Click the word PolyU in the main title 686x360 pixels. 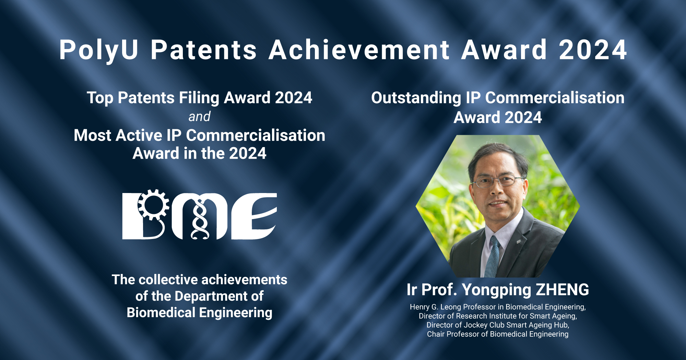click(99, 50)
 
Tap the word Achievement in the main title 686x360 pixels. click(359, 50)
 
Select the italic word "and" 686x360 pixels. click(199, 117)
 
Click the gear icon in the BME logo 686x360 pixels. click(153, 205)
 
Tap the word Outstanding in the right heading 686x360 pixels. click(416, 98)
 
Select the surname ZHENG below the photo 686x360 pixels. click(562, 290)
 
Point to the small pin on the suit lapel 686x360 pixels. click(519, 242)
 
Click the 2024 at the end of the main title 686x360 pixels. click(593, 50)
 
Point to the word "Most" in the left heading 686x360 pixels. click(93, 135)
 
